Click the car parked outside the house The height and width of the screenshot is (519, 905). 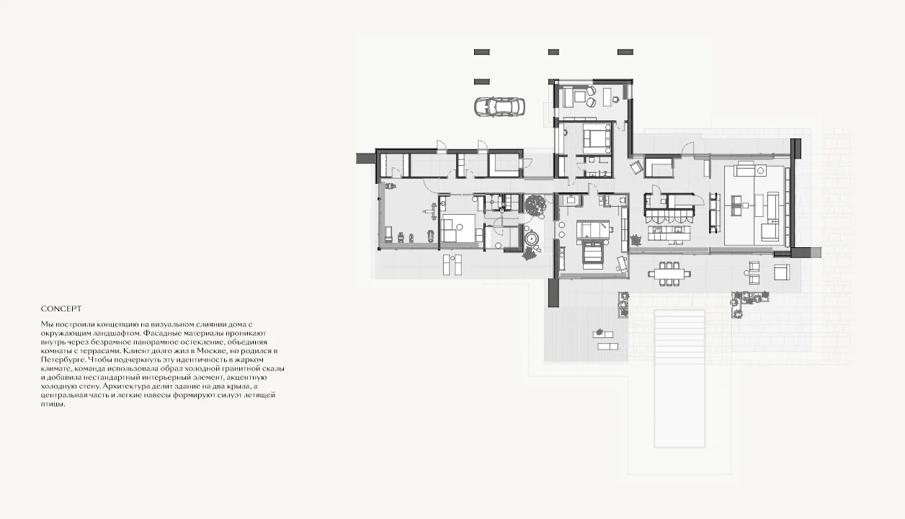(x=500, y=107)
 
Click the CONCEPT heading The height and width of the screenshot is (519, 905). (x=61, y=309)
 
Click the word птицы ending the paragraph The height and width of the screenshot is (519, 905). (x=53, y=404)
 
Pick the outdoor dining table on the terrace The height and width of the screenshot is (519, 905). (x=669, y=274)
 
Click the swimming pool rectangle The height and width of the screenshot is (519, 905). (x=679, y=378)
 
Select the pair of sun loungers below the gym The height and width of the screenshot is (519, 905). (x=452, y=265)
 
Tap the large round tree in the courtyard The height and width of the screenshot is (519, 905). (x=536, y=205)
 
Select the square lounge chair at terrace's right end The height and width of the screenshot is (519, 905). (x=782, y=272)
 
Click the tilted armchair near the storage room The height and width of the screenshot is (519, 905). (x=636, y=167)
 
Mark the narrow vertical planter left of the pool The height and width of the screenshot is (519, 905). (x=623, y=304)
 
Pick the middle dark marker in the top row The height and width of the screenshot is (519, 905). (x=553, y=52)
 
